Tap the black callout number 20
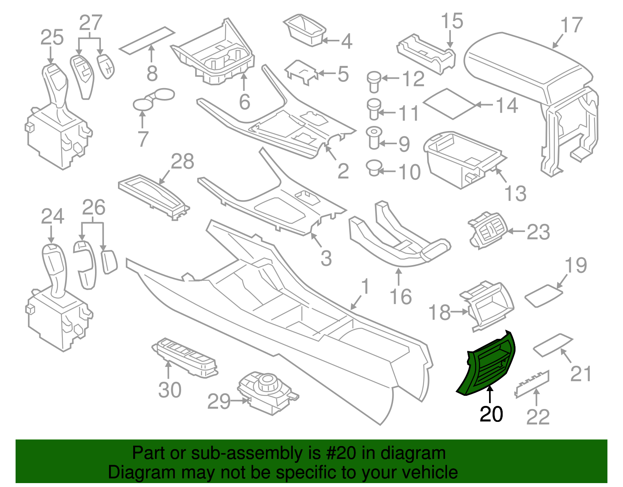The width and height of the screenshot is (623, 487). pyautogui.click(x=491, y=414)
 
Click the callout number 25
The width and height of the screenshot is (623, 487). pyautogui.click(x=52, y=38)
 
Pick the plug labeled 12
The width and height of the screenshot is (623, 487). pyautogui.click(x=374, y=81)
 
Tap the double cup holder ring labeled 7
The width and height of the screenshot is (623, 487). pyautogui.click(x=153, y=99)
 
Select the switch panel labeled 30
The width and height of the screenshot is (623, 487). pyautogui.click(x=185, y=357)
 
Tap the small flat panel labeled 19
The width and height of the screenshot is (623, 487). pyautogui.click(x=544, y=296)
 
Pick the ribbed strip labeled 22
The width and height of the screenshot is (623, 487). pyautogui.click(x=533, y=384)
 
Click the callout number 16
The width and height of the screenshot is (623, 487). pyautogui.click(x=401, y=297)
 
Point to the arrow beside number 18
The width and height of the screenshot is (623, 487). pyautogui.click(x=461, y=312)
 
